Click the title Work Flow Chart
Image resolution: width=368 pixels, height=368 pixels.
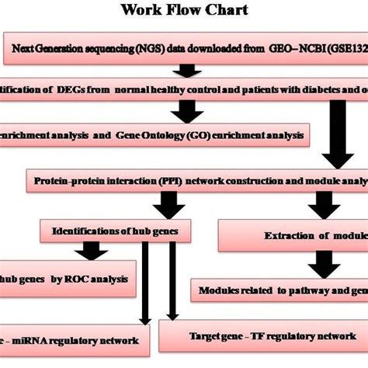pyautogui.click(x=184, y=11)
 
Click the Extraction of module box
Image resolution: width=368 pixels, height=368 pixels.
pyautogui.click(x=303, y=234)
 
